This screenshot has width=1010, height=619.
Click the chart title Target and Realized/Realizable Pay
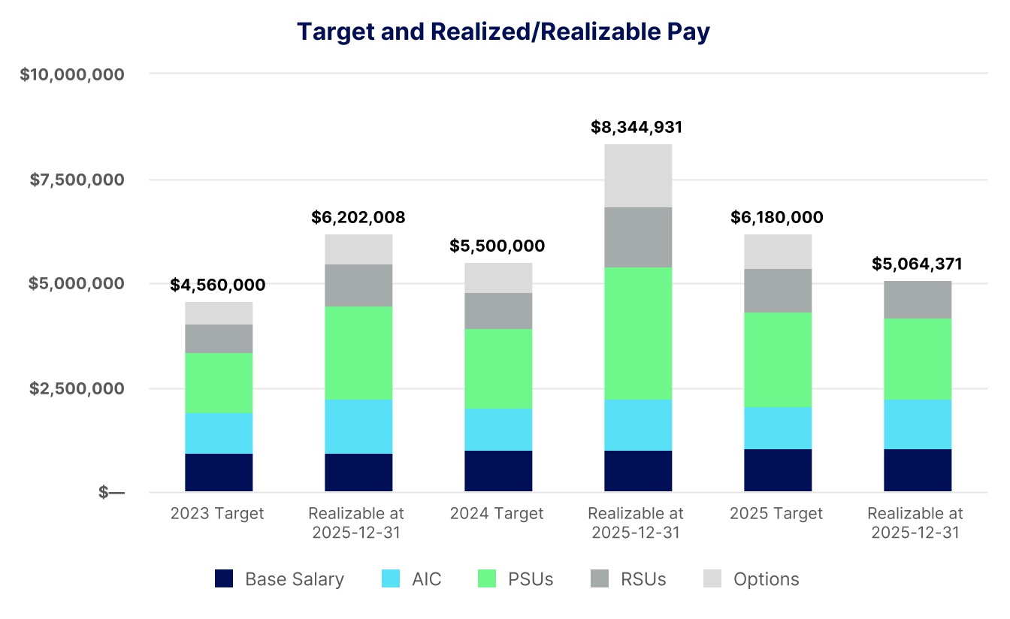click(x=503, y=32)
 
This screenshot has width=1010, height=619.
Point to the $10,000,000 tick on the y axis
click(x=72, y=74)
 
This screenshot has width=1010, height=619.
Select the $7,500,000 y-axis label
click(x=77, y=180)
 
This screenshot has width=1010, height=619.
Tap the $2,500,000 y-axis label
click(x=77, y=388)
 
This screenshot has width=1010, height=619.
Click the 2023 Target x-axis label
click(x=217, y=514)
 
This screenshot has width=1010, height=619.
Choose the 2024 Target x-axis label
click(x=497, y=514)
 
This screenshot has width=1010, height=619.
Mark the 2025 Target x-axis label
click(x=776, y=514)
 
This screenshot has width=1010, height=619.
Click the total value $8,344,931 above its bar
click(x=637, y=127)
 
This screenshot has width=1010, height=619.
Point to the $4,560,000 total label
click(x=218, y=285)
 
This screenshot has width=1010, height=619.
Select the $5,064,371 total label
click(x=917, y=264)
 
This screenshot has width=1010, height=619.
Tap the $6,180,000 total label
click(x=777, y=218)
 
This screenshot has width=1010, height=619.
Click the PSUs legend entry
click(x=516, y=579)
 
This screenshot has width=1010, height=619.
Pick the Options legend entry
click(x=751, y=579)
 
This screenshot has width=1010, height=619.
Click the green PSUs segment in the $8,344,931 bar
click(x=638, y=333)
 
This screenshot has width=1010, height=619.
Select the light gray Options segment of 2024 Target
click(x=498, y=277)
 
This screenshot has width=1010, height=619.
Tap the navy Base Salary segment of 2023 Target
click(x=219, y=473)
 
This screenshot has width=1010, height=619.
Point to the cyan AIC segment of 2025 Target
click(x=778, y=427)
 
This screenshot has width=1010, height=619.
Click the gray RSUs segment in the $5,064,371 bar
click(x=918, y=299)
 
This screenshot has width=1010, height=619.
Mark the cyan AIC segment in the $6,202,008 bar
click(x=358, y=426)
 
